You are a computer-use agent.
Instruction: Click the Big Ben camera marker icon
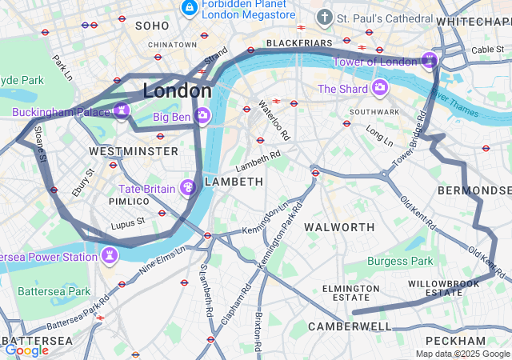pos(203,116)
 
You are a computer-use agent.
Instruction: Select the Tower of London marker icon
pos(430,60)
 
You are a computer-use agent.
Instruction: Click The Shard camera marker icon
pos(379,87)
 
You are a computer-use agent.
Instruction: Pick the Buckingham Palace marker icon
pos(122,111)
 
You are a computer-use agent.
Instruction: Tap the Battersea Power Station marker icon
pos(108,256)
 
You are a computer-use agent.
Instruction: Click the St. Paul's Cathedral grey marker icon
pos(324,17)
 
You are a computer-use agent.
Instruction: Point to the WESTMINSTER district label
pos(134,151)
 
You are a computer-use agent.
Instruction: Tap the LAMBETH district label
pos(234,182)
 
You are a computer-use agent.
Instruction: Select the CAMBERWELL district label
pos(350,326)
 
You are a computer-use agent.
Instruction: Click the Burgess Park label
pos(400,261)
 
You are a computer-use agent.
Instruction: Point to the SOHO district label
pos(152,26)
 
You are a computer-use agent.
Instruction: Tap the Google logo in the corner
pos(26,350)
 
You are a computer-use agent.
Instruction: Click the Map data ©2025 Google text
pos(462,354)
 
